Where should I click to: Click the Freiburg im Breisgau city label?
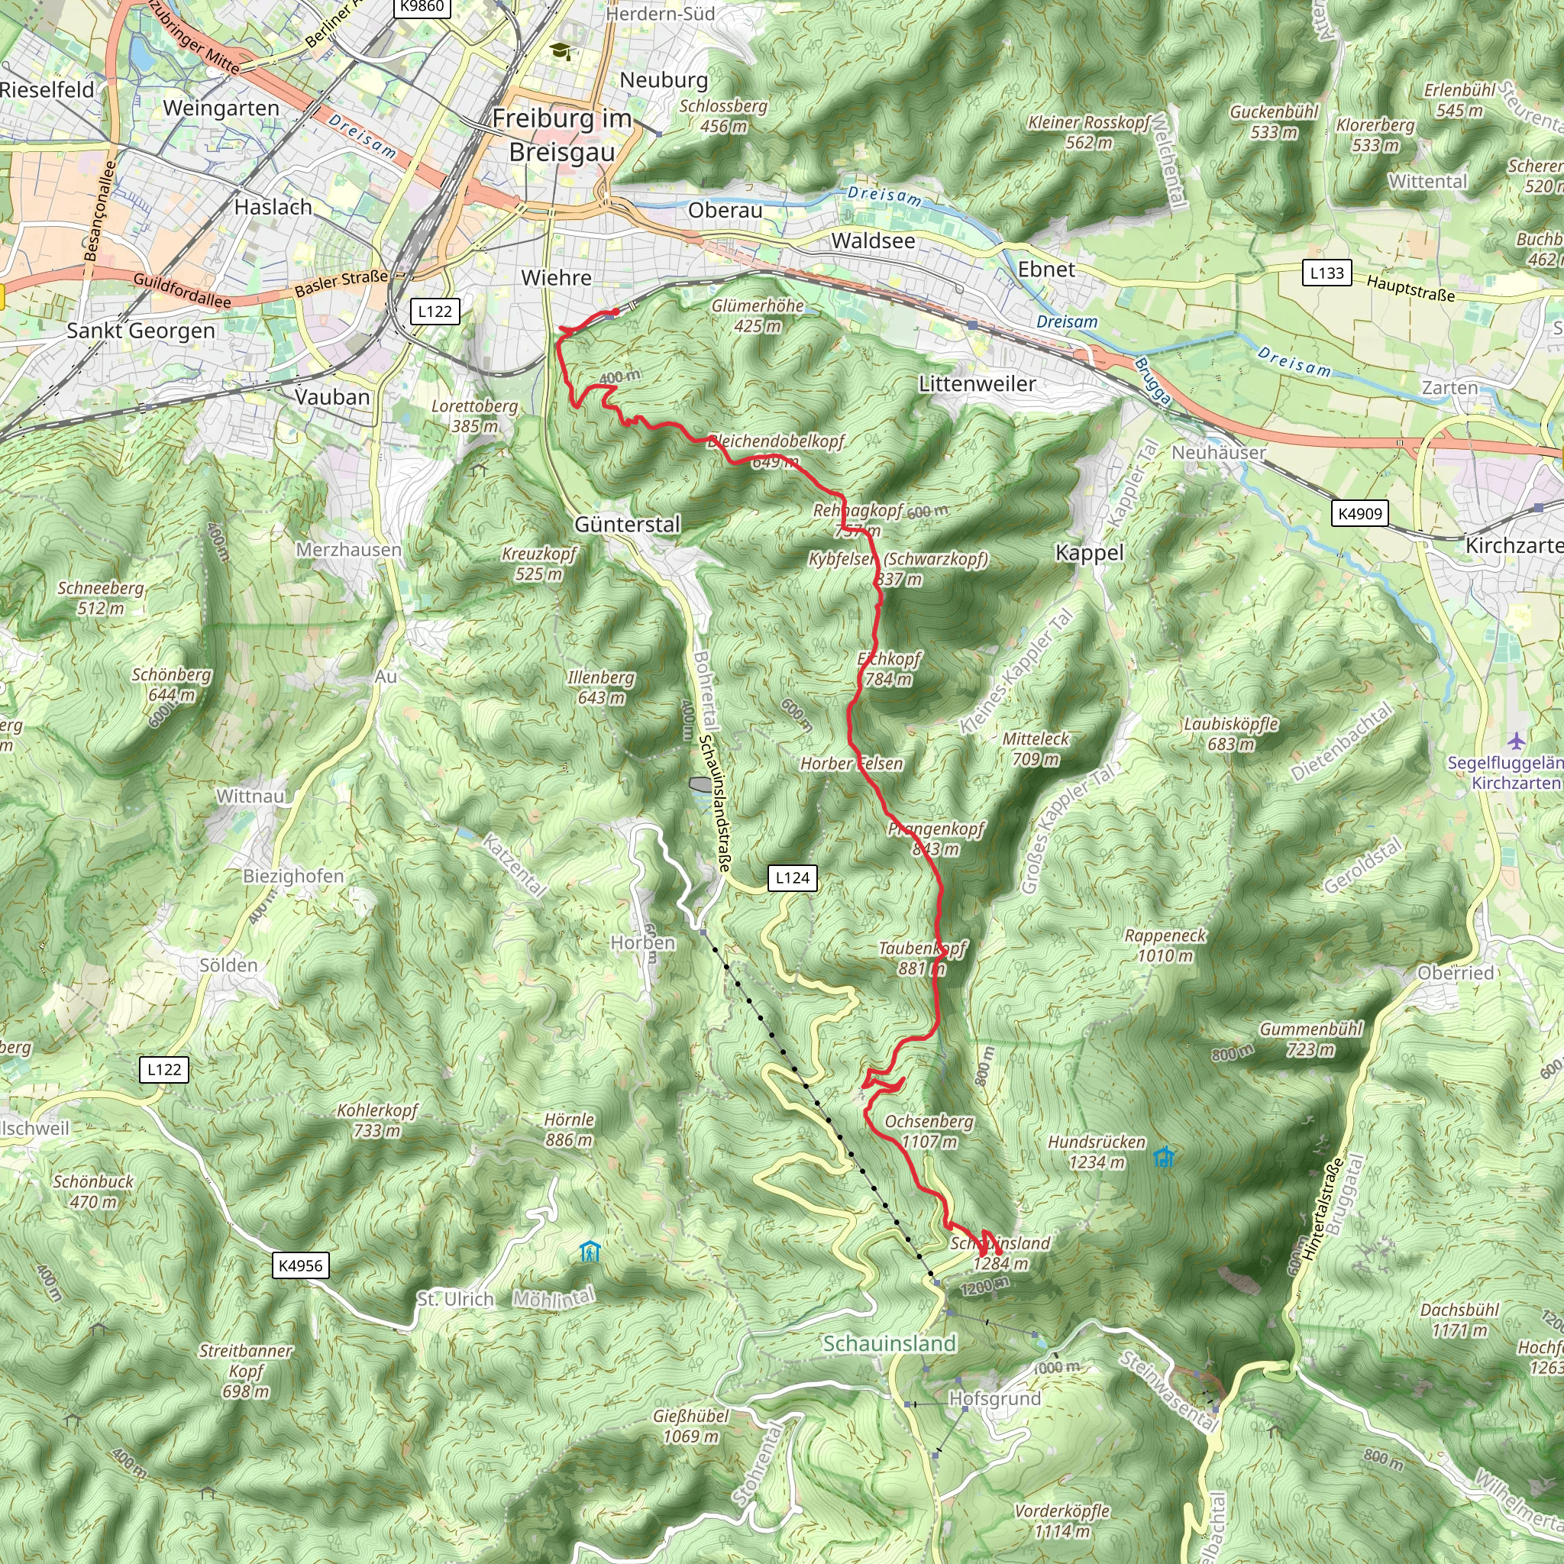(x=562, y=135)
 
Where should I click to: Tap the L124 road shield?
(x=792, y=877)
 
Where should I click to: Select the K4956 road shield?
(x=300, y=1265)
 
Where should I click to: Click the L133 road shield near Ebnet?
(x=1326, y=273)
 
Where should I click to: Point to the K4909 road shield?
(x=1360, y=513)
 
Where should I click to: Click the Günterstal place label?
(x=628, y=525)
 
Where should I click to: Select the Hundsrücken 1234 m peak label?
(x=1097, y=1152)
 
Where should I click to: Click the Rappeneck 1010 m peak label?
(x=1165, y=945)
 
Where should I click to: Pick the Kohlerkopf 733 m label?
(x=377, y=1120)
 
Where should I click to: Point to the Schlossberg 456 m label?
(x=723, y=116)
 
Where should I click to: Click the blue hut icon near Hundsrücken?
(x=1163, y=1158)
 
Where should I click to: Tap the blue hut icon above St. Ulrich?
(x=590, y=1252)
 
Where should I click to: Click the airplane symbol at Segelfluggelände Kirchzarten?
(x=1515, y=740)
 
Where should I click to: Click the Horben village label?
(x=643, y=943)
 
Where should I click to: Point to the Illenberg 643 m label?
(x=602, y=687)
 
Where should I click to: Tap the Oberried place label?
(x=1455, y=973)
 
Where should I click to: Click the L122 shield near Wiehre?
(x=435, y=312)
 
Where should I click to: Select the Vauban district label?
(x=332, y=397)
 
